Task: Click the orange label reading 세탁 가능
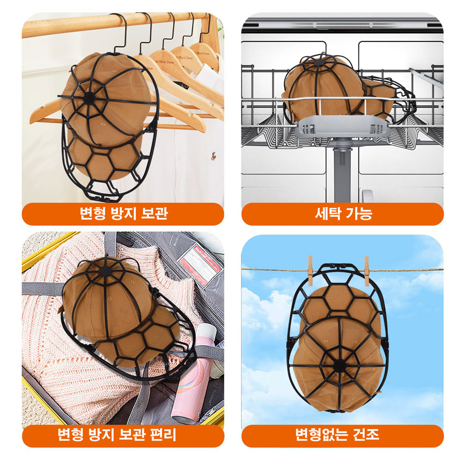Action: (342, 214)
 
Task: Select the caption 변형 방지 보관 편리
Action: (117, 435)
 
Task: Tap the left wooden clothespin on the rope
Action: (310, 271)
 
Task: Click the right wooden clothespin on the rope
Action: (366, 271)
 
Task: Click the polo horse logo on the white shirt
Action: (214, 156)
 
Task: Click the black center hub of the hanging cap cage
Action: (89, 98)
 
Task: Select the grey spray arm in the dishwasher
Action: (343, 127)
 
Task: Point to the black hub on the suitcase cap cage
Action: (105, 271)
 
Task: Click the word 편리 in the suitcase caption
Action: (163, 435)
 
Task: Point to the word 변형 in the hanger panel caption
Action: (92, 213)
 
